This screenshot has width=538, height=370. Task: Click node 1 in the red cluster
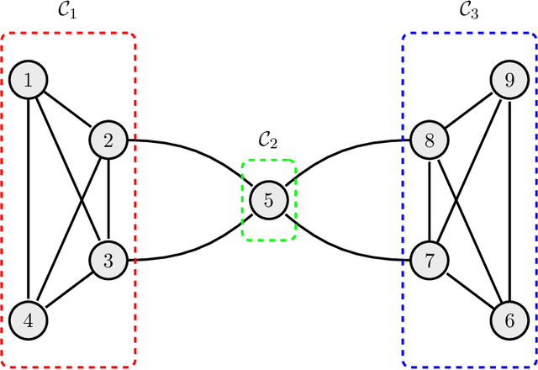pos(29,81)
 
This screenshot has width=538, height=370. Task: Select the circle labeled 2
pos(108,140)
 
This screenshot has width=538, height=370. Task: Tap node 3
pos(108,260)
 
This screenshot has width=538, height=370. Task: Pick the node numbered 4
pos(29,320)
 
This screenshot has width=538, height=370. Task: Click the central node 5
pos(269,200)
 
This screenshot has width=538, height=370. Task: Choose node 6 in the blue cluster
pos(509,320)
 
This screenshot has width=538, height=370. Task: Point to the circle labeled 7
pos(430,260)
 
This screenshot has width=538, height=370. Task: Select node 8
pos(430,140)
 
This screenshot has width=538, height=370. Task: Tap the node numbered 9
pos(509,81)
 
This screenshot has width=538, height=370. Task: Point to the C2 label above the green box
pos(269,140)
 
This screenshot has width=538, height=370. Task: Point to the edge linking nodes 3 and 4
pos(68,290)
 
